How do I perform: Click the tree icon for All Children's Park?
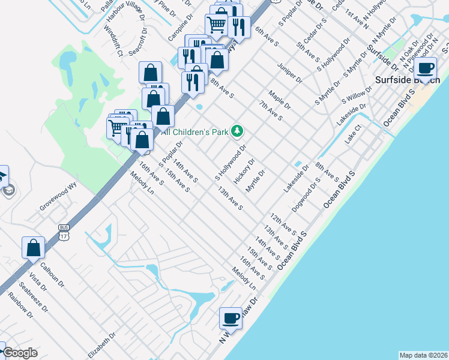pyautogui.click(x=238, y=130)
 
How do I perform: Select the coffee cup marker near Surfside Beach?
pyautogui.click(x=426, y=69)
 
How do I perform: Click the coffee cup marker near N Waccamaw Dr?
pyautogui.click(x=231, y=319)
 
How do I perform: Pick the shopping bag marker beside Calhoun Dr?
pyautogui.click(x=34, y=248)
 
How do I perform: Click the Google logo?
pyautogui.click(x=20, y=353)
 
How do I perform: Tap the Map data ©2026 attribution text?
pyautogui.click(x=424, y=355)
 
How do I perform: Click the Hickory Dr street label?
pyautogui.click(x=244, y=171)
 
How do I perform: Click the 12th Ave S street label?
pyautogui.click(x=283, y=223)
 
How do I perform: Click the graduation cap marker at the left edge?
pyautogui.click(x=3, y=176)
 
